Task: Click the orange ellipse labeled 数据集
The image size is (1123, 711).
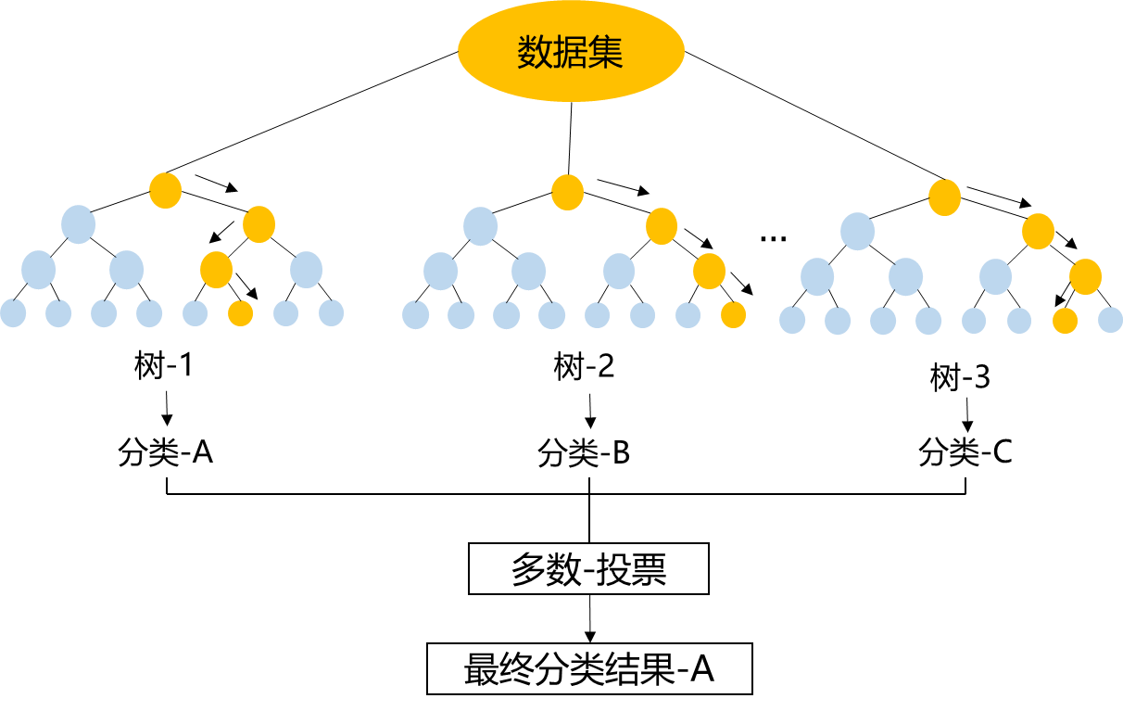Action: (570, 52)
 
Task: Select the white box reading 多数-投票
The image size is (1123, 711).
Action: (588, 569)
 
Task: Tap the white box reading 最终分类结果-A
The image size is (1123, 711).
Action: (589, 668)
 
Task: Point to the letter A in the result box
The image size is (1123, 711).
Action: (701, 668)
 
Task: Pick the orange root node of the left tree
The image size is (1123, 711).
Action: (165, 191)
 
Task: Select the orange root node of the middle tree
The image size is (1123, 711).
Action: (567, 192)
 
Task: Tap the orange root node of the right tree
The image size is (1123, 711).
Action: (944, 197)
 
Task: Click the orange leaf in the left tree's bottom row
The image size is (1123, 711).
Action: (240, 313)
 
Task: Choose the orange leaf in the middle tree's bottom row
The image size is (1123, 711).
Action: (733, 315)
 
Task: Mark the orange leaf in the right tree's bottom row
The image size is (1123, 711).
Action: (1065, 321)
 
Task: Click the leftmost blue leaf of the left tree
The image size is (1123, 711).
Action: (13, 313)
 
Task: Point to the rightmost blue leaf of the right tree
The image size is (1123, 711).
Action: (1110, 320)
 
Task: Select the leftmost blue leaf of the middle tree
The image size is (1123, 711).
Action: (415, 315)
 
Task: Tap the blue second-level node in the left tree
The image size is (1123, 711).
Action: (78, 224)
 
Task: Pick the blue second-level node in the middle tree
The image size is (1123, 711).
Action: (480, 226)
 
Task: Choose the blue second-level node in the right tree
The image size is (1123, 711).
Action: (857, 232)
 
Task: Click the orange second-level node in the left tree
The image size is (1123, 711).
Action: (259, 224)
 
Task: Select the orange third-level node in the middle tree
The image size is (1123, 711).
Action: (709, 271)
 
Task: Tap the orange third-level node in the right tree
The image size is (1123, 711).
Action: (1085, 276)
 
